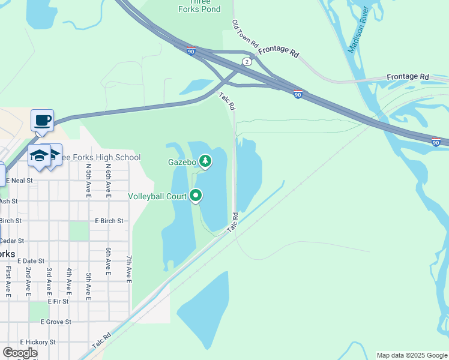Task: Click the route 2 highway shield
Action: pos(247,62)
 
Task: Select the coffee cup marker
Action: pos(43,120)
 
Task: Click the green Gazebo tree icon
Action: pos(205,161)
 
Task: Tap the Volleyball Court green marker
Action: pos(196,195)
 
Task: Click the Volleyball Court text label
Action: pos(157,196)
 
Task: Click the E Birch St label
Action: pos(109,221)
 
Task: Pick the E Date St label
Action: pos(32,261)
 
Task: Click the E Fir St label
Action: pos(58,301)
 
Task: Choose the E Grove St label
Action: pos(56,322)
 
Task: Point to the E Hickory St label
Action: pos(37,342)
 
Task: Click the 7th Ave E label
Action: pos(128,268)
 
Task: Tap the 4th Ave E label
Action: pos(69,282)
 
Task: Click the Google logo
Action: pos(20,353)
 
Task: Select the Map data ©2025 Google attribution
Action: pos(411,355)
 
